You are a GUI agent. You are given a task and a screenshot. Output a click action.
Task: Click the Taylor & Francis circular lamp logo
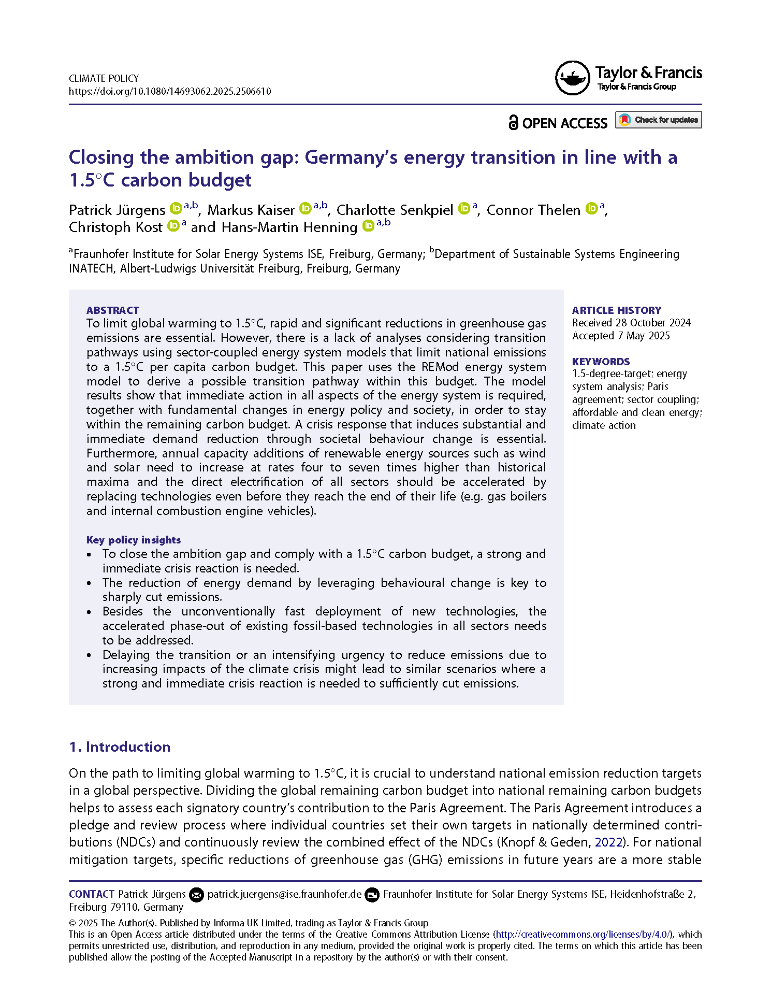572,78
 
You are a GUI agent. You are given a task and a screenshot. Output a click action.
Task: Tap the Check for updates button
658,120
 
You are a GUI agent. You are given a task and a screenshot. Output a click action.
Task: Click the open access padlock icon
513,123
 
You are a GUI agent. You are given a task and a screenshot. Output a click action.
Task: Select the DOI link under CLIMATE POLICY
170,92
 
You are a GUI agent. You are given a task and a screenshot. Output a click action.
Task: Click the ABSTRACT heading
113,310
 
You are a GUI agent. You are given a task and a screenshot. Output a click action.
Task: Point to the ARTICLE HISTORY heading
616,310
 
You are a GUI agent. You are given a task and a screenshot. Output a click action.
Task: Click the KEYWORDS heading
601,362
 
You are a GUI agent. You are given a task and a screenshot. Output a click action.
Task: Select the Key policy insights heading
134,540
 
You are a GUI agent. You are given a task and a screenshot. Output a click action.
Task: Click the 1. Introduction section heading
120,747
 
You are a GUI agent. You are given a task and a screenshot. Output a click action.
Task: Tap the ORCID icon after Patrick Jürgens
176,209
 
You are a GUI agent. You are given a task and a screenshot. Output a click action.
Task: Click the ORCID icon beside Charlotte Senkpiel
464,209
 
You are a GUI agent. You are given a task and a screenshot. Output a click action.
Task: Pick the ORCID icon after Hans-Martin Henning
368,226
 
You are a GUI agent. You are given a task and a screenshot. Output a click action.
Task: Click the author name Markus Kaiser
251,210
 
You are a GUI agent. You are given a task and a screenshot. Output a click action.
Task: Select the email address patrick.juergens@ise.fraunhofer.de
284,894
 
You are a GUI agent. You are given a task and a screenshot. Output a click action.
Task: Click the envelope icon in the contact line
196,895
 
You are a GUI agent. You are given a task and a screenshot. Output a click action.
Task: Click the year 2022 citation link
608,842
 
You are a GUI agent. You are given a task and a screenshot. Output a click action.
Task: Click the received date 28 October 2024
653,323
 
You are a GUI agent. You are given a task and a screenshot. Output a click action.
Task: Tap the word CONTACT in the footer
91,894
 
